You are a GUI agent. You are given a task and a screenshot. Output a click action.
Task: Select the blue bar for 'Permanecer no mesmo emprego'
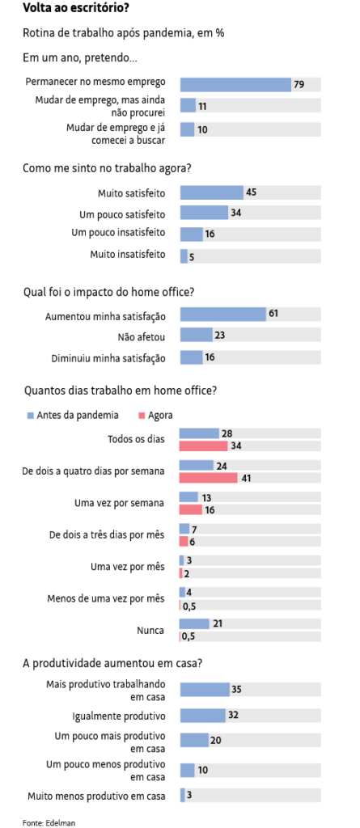click(x=235, y=84)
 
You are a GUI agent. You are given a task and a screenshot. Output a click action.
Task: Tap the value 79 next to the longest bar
click(x=299, y=84)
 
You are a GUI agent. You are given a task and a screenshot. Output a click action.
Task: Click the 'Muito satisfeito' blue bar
click(x=211, y=192)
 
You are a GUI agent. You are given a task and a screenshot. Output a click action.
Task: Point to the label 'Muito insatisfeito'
click(x=128, y=255)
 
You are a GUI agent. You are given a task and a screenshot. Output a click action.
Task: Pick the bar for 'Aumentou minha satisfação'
click(x=223, y=315)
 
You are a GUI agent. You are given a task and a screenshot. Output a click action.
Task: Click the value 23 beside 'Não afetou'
click(x=220, y=335)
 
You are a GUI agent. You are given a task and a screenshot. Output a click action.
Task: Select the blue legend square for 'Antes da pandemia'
click(x=30, y=415)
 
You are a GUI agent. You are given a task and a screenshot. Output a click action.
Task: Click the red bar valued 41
click(x=208, y=478)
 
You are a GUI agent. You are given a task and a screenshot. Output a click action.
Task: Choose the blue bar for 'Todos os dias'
click(x=199, y=433)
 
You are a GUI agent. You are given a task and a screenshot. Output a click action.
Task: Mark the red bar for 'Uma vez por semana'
click(x=191, y=509)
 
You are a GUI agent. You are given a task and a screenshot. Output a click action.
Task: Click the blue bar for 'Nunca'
click(x=194, y=623)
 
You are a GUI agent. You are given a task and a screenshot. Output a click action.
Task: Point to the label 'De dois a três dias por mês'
click(x=107, y=535)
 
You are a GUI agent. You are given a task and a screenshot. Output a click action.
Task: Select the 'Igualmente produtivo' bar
click(x=203, y=716)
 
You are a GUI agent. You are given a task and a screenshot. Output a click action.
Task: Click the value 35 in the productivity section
click(x=237, y=689)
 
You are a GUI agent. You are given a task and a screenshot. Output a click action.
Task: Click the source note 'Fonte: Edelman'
click(x=42, y=822)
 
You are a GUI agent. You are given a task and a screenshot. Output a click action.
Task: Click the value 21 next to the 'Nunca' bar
click(x=217, y=623)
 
